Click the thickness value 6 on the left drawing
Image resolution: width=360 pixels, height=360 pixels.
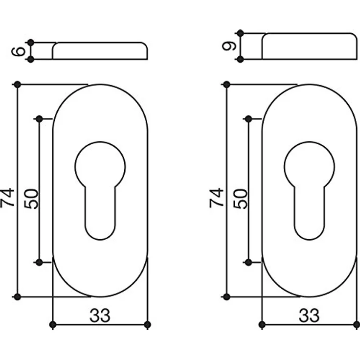pos(19,51)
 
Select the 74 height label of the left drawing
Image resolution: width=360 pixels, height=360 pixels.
pos(7,198)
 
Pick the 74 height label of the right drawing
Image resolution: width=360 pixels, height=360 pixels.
pos(217,198)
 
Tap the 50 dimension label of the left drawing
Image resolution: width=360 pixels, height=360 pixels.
pos(31,199)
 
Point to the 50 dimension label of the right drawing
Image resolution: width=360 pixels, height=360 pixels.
pos(240,199)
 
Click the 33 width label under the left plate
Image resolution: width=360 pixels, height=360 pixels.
pos(100,315)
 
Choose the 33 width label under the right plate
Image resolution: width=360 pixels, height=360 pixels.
pos(309,315)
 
